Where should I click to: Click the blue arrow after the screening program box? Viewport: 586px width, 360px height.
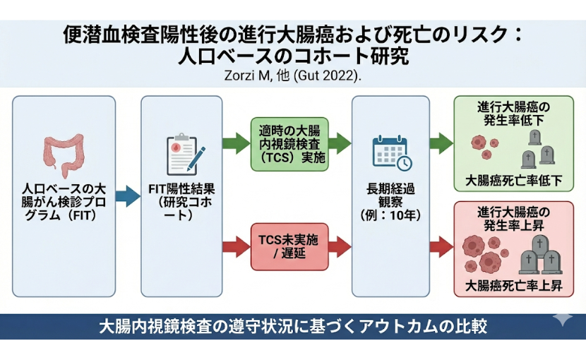click(x=128, y=197)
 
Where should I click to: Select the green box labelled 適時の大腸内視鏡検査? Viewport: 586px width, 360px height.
click(x=289, y=144)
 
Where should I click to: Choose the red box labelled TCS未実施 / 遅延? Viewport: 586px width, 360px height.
click(x=289, y=246)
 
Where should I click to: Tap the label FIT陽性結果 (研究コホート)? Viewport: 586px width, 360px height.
click(x=181, y=203)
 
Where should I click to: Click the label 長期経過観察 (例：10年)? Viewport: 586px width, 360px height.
click(x=391, y=201)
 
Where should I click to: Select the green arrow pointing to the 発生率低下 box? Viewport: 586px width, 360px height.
click(x=441, y=144)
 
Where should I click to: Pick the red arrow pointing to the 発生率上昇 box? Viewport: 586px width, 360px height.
click(x=441, y=246)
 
